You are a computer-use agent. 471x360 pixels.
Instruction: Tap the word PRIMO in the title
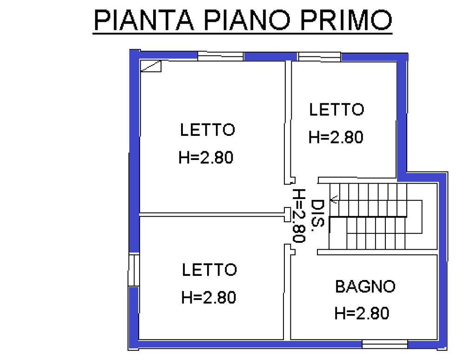point(346,20)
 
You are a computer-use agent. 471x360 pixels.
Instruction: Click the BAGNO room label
point(365,287)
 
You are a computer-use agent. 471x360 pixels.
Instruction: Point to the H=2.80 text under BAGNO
point(362,313)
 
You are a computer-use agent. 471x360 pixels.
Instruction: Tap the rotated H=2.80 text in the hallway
point(299,215)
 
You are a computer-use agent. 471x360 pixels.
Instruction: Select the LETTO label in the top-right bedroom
point(337,110)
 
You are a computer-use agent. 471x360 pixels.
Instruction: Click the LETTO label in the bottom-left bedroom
point(209,270)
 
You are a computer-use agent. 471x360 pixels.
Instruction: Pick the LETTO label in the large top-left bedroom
point(207,130)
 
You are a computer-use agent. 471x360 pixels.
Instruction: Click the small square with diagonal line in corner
point(151,66)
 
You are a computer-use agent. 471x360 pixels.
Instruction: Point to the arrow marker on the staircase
point(333,199)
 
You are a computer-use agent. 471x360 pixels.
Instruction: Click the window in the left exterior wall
point(134,270)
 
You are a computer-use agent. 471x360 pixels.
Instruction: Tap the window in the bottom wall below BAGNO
point(385,344)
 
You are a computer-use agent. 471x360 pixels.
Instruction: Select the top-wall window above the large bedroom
point(221,56)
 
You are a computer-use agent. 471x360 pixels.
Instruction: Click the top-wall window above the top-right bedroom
point(319,57)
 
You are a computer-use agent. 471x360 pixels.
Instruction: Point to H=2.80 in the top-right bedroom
point(336,137)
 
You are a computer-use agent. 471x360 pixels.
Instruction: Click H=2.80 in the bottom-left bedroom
point(209,298)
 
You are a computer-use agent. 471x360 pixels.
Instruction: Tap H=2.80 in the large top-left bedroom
point(206,157)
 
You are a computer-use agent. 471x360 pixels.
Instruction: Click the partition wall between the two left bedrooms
point(212,214)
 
